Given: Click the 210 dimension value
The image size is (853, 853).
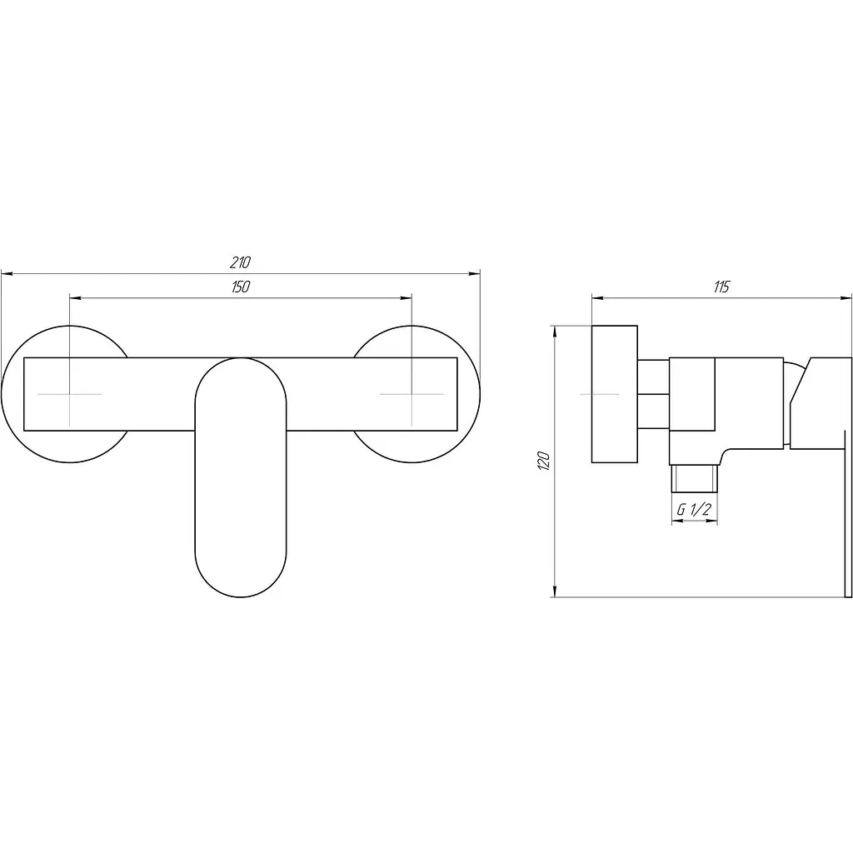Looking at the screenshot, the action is point(240,262).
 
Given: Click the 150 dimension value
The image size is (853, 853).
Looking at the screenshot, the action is point(241,287).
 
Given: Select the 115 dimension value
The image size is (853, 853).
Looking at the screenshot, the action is point(721,287).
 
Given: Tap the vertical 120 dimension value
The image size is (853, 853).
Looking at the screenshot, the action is point(545,461).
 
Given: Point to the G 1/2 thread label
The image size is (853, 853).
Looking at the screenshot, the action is point(694,510).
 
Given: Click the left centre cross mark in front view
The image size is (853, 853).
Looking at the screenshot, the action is point(70,394).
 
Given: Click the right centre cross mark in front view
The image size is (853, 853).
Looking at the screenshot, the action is point(412,394).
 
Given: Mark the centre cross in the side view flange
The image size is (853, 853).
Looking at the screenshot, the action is point(600,394).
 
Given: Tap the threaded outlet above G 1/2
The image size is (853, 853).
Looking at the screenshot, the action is point(695,479).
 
